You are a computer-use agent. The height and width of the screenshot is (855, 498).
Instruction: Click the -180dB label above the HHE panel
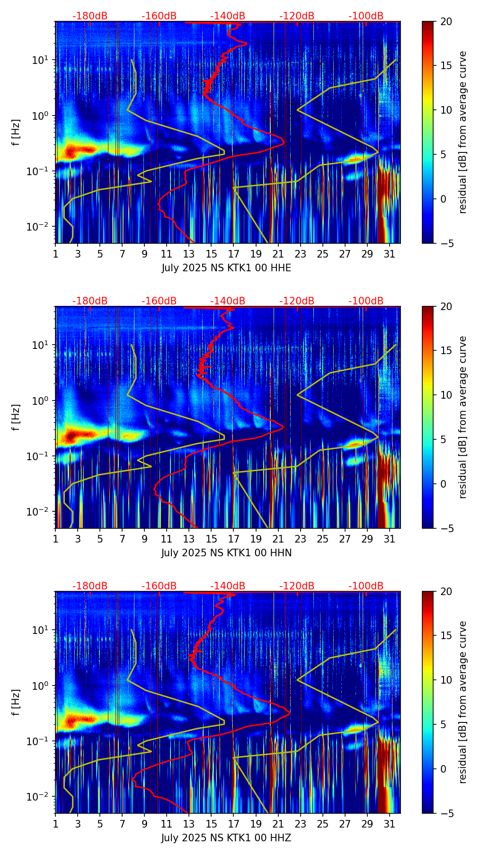pyautogui.click(x=90, y=16)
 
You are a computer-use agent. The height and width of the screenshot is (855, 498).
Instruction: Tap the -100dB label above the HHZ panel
pyautogui.click(x=366, y=586)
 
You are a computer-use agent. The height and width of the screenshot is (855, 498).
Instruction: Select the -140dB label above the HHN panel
pyautogui.click(x=228, y=301)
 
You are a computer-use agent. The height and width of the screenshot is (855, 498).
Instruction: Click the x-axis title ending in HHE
pyautogui.click(x=226, y=268)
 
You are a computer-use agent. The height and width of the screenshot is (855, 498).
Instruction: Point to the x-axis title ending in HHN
pyautogui.click(x=226, y=553)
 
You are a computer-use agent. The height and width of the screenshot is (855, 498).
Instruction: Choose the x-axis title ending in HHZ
pyautogui.click(x=226, y=838)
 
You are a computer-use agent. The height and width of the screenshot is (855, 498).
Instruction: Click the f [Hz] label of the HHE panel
pyautogui.click(x=16, y=133)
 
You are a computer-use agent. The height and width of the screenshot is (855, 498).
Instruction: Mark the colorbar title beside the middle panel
pyautogui.click(x=463, y=417)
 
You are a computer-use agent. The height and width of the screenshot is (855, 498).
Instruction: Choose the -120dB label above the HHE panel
pyautogui.click(x=297, y=16)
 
